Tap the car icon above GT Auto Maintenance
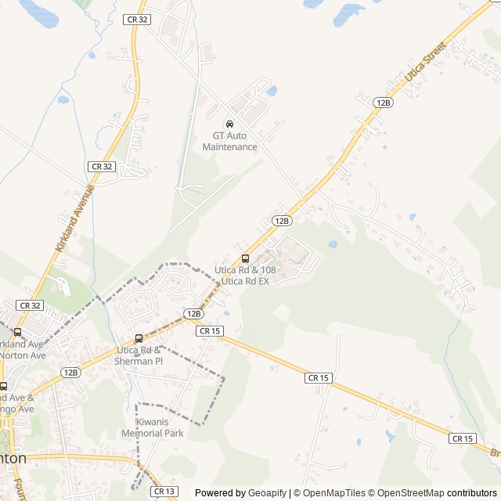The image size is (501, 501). coord(229,124)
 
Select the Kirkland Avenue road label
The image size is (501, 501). coord(75,217)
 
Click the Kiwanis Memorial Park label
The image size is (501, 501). coord(153,427)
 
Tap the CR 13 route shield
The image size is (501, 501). coord(164,491)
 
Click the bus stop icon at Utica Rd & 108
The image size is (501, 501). coord(245,258)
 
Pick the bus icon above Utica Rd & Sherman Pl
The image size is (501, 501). coord(139,338)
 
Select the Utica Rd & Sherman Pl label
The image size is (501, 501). coord(139,355)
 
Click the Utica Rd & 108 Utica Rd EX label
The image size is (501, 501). coord(246,276)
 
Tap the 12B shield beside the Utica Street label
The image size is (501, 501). coord(383,103)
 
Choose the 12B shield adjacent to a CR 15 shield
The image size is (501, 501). coord(193,313)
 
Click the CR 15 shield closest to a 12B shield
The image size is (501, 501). coord(209,331)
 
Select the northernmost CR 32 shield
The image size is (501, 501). coord(136,19)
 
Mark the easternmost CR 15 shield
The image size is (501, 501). coord(462,438)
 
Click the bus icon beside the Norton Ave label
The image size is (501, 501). coord(17,332)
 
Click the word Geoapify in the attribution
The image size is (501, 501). coord(268,493)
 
